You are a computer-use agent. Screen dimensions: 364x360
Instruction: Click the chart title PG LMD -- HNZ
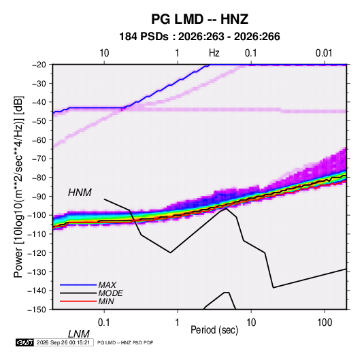[x=199, y=19]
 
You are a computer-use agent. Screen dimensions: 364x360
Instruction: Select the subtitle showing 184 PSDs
[x=199, y=37]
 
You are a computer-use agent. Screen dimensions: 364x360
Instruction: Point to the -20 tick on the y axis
[x=39, y=65]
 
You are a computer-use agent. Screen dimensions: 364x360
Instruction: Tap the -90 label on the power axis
[x=39, y=196]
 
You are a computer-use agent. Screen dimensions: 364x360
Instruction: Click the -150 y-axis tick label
[x=37, y=309]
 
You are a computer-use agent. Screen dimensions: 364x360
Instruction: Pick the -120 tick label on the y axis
[x=37, y=252]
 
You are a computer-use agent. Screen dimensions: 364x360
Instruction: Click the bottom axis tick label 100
[x=325, y=323]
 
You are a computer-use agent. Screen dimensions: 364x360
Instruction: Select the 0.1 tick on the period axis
[x=104, y=323]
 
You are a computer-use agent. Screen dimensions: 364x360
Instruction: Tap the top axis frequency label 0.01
[x=324, y=53]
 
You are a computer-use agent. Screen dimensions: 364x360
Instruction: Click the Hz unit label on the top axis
[x=214, y=53]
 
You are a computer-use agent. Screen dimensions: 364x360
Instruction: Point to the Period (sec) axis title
[x=214, y=330]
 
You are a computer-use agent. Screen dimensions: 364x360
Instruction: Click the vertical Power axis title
[x=18, y=186]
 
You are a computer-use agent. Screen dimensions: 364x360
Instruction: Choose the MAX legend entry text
[x=107, y=285]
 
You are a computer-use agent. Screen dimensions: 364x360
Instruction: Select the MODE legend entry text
[x=110, y=293]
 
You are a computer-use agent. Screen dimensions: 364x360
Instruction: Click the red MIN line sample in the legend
[x=78, y=301]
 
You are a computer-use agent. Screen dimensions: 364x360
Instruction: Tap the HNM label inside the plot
[x=80, y=193]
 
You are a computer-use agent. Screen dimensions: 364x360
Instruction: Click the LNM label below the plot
[x=79, y=334]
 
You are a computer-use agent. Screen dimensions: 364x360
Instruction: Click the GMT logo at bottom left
[x=25, y=342]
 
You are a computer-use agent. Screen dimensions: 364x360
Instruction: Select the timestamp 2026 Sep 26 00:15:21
[x=63, y=342]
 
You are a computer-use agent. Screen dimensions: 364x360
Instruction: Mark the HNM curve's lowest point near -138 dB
[x=274, y=288]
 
